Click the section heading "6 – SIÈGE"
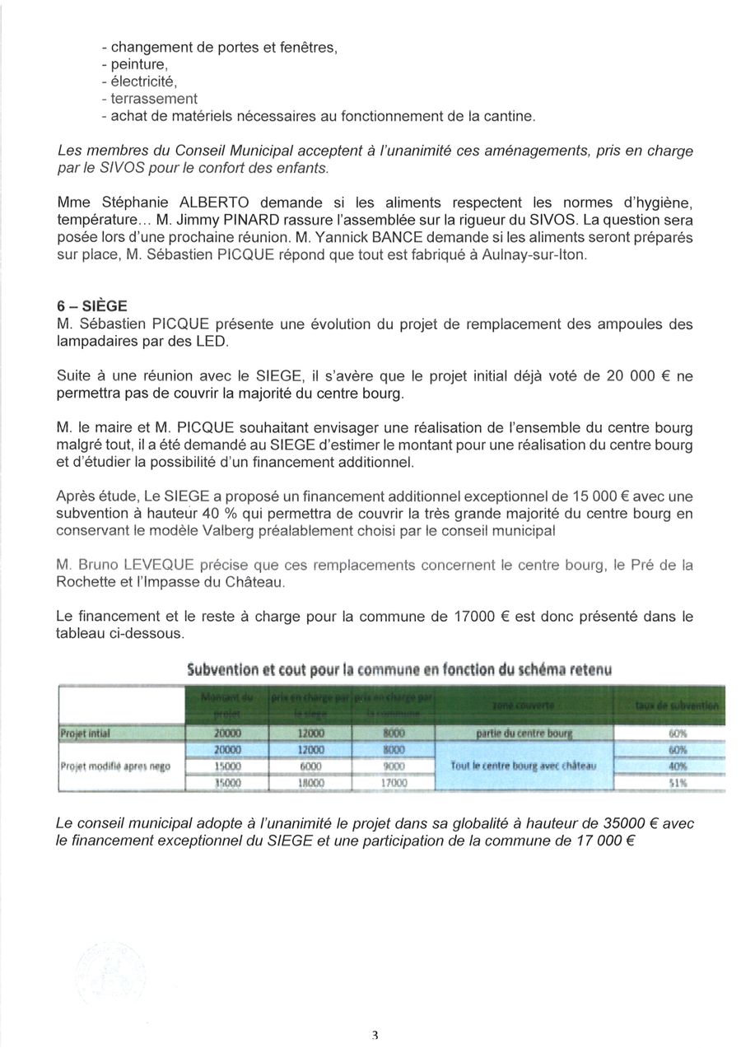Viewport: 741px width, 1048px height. tap(92, 305)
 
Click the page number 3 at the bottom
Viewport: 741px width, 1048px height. tap(375, 1035)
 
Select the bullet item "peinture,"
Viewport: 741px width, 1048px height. tap(136, 64)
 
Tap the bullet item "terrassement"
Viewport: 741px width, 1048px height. tap(149, 99)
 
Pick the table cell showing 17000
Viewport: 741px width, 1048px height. tap(394, 784)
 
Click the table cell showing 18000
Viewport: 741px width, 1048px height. tap(311, 784)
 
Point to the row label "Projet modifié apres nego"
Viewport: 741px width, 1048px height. tap(115, 766)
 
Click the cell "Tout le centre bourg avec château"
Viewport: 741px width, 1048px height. tap(524, 766)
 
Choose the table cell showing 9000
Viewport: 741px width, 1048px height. tap(394, 766)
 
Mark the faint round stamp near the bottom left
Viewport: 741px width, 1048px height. tap(107, 971)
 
